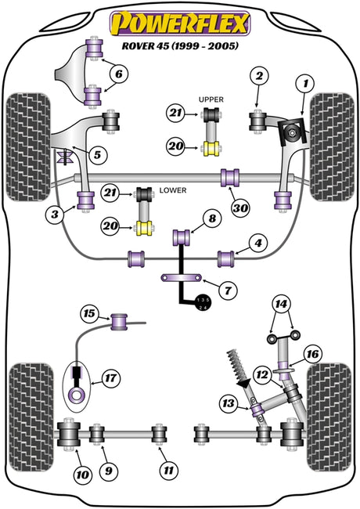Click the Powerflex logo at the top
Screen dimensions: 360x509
[x=180, y=23]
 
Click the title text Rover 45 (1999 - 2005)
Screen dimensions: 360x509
[x=180, y=45]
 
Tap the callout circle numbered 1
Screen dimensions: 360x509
[x=305, y=84]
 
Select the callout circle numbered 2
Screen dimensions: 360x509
[x=259, y=76]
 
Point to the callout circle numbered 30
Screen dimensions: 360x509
[x=240, y=208]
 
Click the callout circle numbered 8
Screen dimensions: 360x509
[x=212, y=218]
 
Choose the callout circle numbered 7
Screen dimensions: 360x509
[x=228, y=290]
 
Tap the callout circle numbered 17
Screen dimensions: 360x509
[x=110, y=378]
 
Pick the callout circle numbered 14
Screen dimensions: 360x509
[x=281, y=304]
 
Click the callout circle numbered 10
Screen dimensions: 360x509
[x=82, y=475]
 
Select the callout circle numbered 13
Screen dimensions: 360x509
[x=228, y=403]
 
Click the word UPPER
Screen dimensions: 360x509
[x=211, y=99]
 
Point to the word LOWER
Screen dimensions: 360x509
[x=173, y=190]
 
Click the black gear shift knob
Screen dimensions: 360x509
[x=203, y=304]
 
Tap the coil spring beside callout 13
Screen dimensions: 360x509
[x=238, y=365]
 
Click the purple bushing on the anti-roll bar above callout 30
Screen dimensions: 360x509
[x=230, y=178]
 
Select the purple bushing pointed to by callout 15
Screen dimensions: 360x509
[x=119, y=322]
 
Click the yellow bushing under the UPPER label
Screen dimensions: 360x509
[x=211, y=149]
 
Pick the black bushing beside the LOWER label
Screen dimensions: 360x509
[x=144, y=194]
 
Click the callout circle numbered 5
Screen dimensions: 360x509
[x=97, y=155]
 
